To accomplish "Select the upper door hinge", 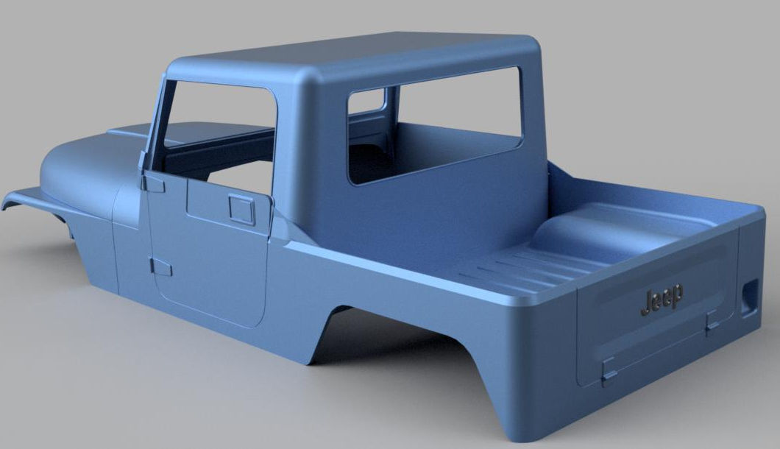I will click(153, 182).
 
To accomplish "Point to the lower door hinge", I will click(160, 268).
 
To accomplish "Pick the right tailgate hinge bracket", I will click(711, 322).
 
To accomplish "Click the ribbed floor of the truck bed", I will click(515, 269).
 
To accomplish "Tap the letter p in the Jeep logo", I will click(677, 296).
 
